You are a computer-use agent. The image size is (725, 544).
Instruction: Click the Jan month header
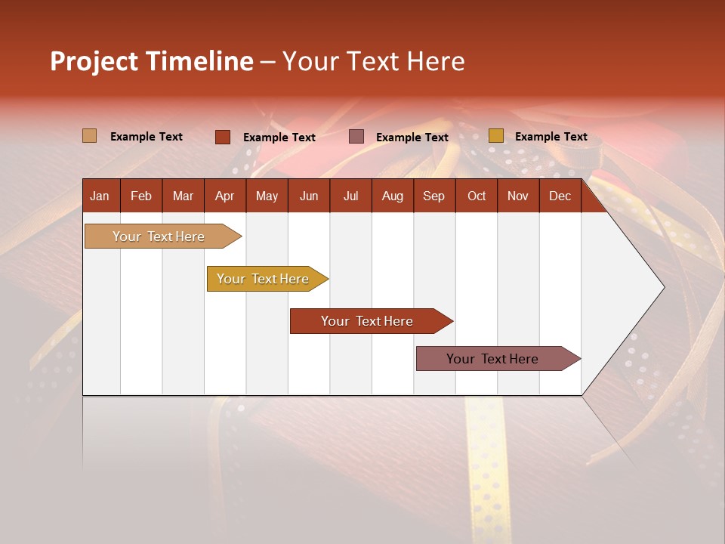(100, 196)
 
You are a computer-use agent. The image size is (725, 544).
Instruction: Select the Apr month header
(224, 196)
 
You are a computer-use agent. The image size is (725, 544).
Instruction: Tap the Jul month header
(350, 196)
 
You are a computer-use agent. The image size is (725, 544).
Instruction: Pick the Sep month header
(433, 196)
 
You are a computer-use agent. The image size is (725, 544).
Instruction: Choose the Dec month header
(560, 196)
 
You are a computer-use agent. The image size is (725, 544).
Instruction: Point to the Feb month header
(141, 196)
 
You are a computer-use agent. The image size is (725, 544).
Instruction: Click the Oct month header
(477, 196)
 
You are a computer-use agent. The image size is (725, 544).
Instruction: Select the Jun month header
(309, 196)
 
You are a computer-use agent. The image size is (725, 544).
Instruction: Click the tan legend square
(90, 136)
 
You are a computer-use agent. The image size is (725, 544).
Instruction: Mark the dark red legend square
(223, 137)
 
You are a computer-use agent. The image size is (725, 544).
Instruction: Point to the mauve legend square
(356, 137)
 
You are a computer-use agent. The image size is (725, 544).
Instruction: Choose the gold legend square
(496, 136)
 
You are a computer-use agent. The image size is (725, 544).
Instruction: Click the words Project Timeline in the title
(152, 61)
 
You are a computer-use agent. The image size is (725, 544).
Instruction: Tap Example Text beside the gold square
(551, 137)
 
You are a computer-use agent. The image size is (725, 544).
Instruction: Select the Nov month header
(518, 196)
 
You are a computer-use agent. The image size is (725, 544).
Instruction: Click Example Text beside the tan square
(147, 137)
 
